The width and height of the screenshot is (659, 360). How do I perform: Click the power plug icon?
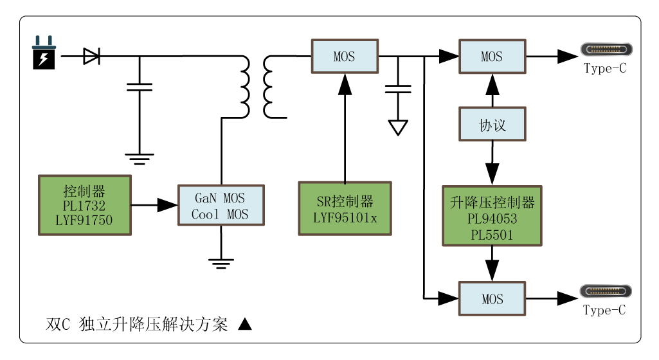tap(44, 53)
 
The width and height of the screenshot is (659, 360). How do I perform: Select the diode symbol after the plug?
tap(91, 57)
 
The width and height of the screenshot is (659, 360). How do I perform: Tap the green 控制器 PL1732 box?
tap(85, 205)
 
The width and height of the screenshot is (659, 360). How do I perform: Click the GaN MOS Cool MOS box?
tap(221, 206)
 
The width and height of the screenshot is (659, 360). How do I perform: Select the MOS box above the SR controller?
tap(344, 57)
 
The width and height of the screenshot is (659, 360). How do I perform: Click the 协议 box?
tap(492, 125)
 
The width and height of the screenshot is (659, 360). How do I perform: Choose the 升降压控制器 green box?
tap(492, 216)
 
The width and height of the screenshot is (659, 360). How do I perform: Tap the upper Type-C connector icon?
tap(606, 50)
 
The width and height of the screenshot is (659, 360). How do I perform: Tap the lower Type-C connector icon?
tap(606, 291)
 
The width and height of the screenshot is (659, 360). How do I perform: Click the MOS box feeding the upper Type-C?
tap(492, 57)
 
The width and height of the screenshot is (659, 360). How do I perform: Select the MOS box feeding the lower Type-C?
tap(492, 299)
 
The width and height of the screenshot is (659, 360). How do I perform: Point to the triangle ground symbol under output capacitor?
tap(399, 127)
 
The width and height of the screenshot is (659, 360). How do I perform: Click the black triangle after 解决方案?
tap(244, 325)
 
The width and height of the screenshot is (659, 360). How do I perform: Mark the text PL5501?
tap(492, 235)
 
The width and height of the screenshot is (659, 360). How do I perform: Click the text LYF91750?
tap(84, 221)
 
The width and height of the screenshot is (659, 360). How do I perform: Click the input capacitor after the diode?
tap(140, 87)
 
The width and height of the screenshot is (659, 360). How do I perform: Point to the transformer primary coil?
tap(244, 87)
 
